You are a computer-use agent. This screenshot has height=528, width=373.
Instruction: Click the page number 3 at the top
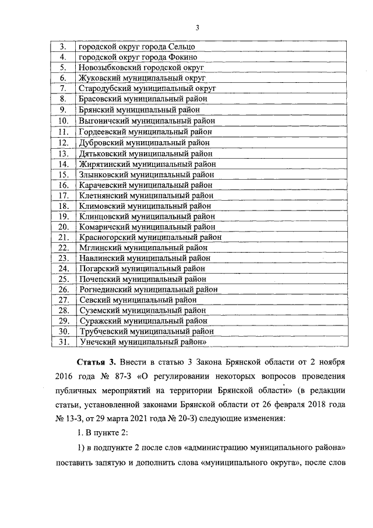click(x=198, y=27)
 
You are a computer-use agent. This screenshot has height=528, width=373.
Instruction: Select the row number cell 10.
click(x=64, y=121)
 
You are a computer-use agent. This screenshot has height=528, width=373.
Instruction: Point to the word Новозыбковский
click(x=108, y=67)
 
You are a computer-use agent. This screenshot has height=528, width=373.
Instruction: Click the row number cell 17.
click(x=64, y=195)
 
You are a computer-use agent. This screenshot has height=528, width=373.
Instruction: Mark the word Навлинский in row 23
click(x=100, y=258)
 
